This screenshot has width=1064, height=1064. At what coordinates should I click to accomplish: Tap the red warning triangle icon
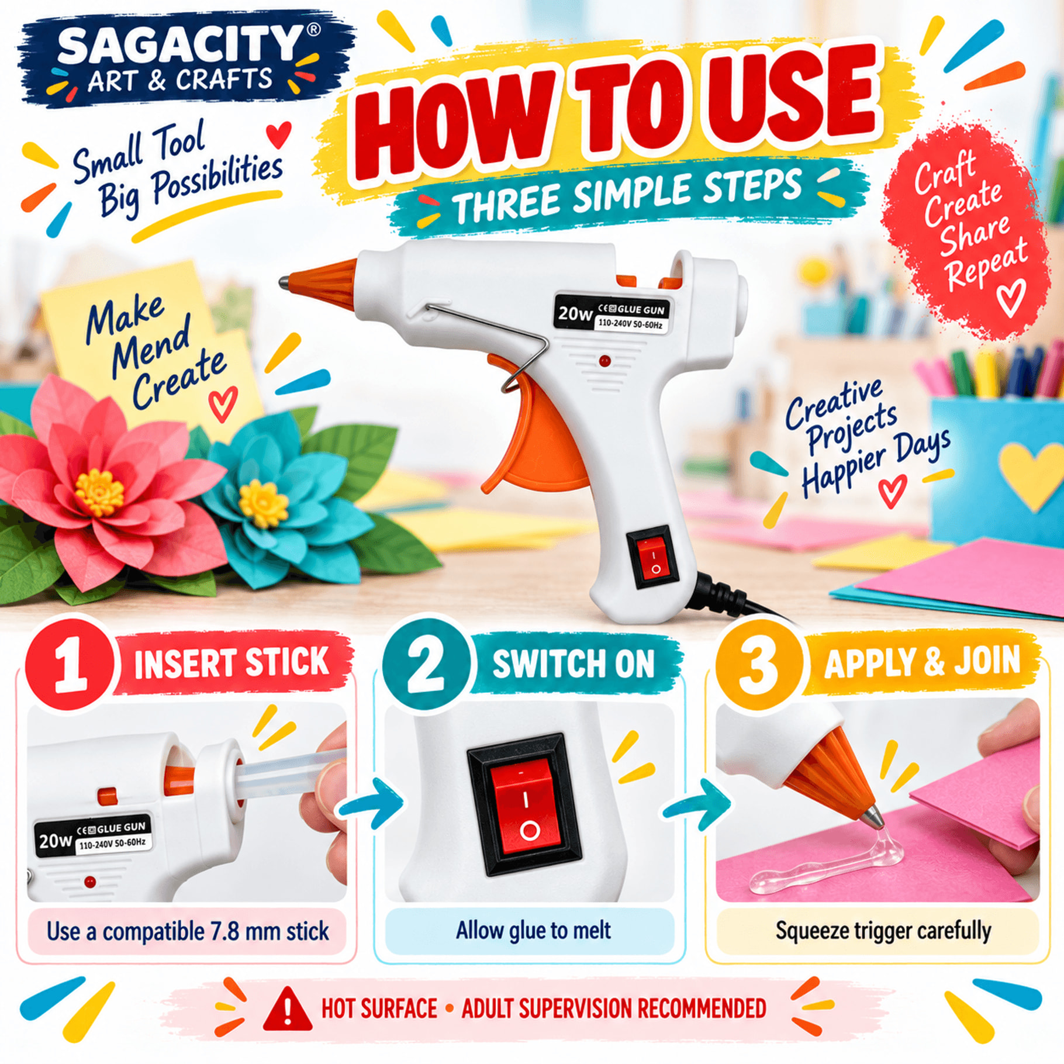click(x=287, y=1010)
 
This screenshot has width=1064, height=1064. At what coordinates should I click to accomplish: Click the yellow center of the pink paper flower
click(x=100, y=492)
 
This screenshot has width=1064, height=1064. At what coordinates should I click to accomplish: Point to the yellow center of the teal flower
click(x=264, y=503)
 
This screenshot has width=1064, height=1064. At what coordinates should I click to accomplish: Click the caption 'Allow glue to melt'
click(x=533, y=930)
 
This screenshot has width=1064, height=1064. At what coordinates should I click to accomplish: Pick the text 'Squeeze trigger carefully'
click(x=883, y=931)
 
